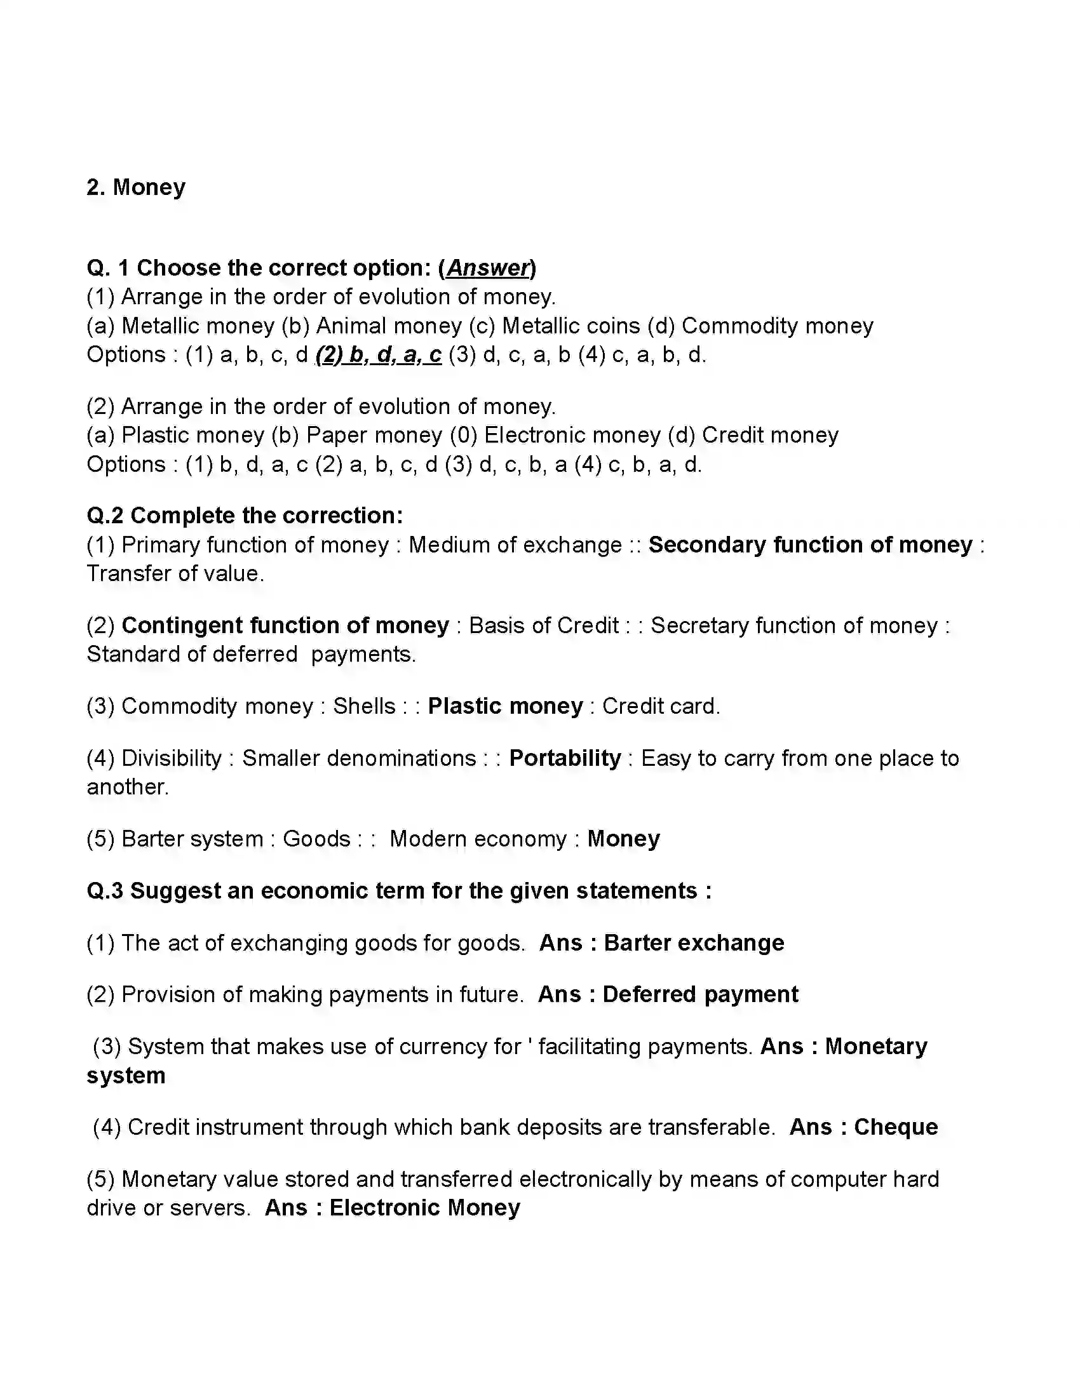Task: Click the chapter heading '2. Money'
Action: point(136,187)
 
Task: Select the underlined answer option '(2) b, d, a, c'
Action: point(379,354)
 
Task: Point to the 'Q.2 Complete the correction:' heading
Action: point(245,516)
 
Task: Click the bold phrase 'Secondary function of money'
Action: point(810,544)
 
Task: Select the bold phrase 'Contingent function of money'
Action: point(285,625)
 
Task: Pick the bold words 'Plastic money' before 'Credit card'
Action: point(506,705)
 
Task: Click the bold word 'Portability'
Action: point(565,758)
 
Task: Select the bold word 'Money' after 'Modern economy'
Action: point(623,839)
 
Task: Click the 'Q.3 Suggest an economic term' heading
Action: point(398,890)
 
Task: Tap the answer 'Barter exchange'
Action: point(694,943)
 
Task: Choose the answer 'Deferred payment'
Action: point(700,994)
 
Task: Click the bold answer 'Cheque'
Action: point(895,1126)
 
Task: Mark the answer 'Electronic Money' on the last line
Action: point(424,1207)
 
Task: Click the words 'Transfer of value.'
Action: point(175,573)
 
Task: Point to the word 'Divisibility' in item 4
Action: point(171,758)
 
